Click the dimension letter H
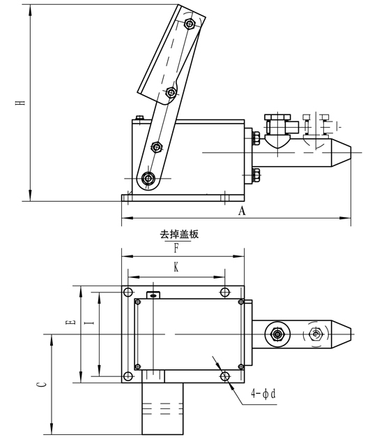click(x=20, y=102)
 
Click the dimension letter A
click(x=242, y=211)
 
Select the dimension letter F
click(x=176, y=249)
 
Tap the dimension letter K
click(x=176, y=267)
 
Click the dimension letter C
click(x=41, y=384)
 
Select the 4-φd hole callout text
click(x=263, y=394)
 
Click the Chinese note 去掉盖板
click(x=179, y=235)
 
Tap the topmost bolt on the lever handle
click(x=189, y=23)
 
